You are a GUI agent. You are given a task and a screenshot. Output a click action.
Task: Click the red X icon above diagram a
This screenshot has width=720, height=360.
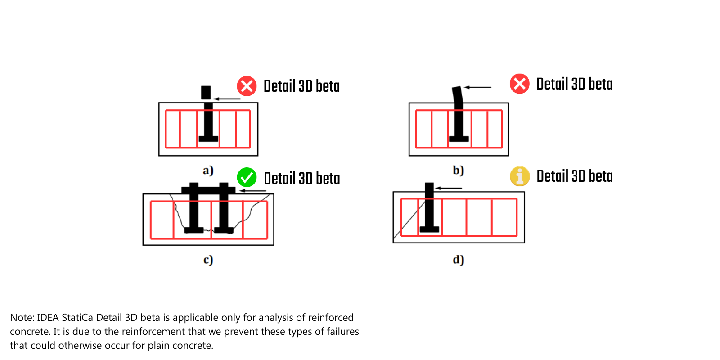pos(247,86)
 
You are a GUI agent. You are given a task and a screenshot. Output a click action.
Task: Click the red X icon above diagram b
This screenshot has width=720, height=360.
pos(519,84)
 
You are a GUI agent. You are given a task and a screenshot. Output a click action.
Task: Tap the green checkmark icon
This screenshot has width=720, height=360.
pos(247,177)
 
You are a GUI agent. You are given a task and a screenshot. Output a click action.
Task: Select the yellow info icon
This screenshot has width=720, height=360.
pos(519,176)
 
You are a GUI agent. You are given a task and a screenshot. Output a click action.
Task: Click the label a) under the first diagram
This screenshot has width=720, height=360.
pos(208,171)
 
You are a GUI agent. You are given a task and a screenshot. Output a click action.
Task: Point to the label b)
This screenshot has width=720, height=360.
pos(458,170)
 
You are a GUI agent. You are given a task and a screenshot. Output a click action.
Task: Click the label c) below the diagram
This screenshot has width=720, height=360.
pos(208,260)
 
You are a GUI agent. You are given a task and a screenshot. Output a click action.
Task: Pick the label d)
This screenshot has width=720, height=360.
pos(458,260)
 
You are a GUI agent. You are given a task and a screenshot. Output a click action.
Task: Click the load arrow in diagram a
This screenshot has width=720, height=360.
pos(227,99)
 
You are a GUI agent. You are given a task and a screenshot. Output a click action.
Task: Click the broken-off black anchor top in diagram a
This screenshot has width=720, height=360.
pos(206,92)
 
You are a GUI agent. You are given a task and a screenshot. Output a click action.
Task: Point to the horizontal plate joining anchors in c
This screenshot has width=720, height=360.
pos(208,190)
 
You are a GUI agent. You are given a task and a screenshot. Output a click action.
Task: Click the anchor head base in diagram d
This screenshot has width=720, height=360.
pos(429,229)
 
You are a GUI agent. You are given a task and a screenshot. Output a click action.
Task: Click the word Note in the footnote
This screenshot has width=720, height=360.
pos(21,318)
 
